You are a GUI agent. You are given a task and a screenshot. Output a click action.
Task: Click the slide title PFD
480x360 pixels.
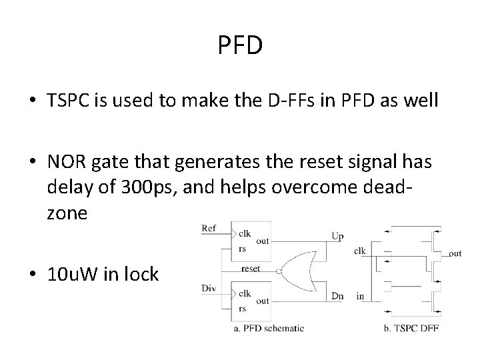click(x=240, y=46)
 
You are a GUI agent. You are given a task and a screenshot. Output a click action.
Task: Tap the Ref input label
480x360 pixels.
click(x=209, y=228)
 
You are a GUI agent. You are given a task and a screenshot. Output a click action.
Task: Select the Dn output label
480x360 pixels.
click(x=337, y=295)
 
